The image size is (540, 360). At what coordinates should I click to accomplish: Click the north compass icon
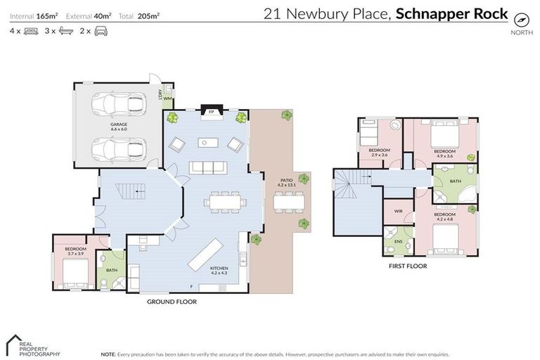521,19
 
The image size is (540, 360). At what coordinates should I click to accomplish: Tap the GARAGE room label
118,127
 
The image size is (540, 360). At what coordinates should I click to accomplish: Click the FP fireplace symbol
211,111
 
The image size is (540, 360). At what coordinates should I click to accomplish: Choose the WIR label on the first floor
397,210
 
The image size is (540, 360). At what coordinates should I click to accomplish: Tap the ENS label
397,241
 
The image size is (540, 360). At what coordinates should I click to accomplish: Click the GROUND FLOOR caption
172,302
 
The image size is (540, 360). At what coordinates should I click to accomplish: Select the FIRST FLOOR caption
408,266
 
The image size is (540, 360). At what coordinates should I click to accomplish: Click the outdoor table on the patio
287,202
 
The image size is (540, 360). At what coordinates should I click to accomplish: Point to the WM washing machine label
168,98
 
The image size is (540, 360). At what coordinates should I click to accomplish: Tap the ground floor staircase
130,191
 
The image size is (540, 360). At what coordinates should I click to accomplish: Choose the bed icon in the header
31,32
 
